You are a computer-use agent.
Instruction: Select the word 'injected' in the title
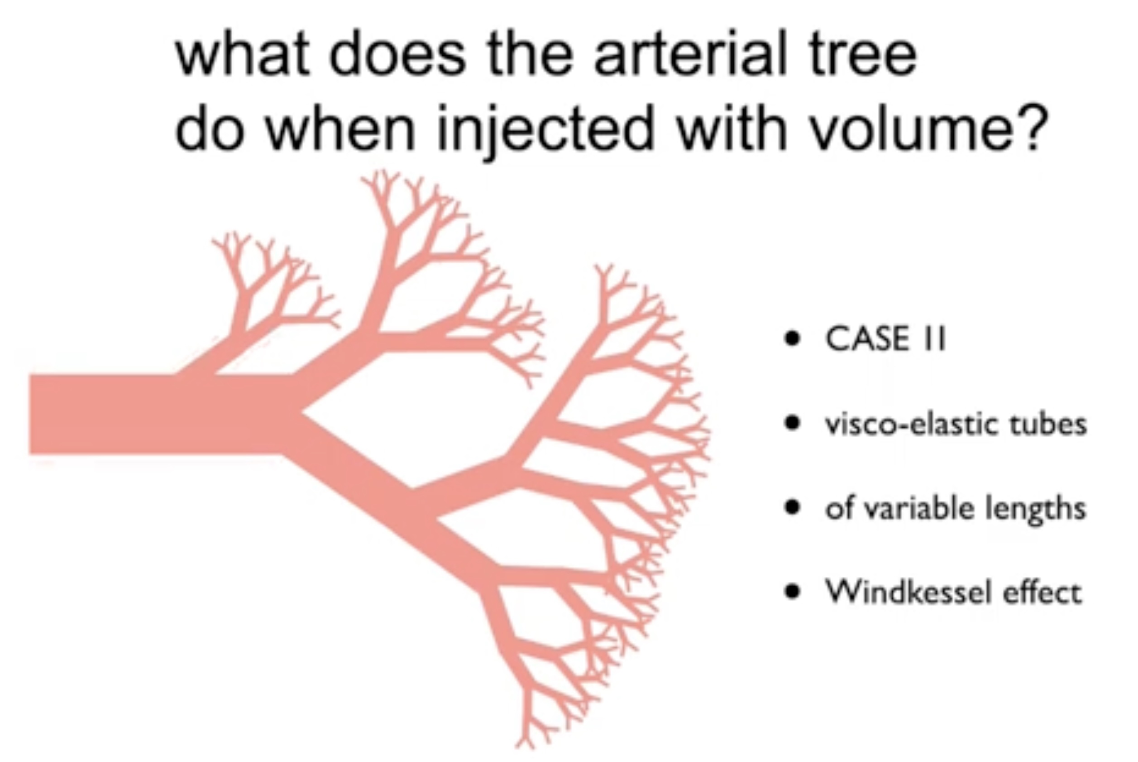(x=546, y=129)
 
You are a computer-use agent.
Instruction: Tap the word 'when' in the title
(x=340, y=127)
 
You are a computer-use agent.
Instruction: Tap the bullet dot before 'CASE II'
(x=792, y=339)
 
